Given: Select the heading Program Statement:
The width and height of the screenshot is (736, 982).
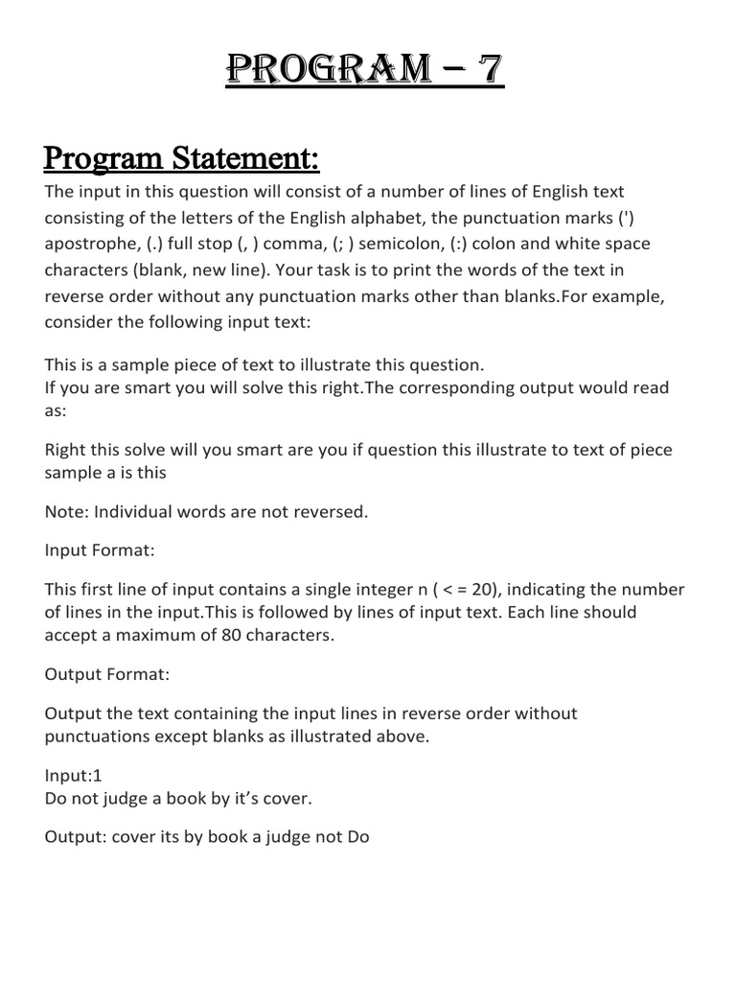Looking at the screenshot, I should click(x=182, y=155).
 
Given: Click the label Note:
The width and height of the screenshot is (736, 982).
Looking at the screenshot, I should click(x=65, y=511).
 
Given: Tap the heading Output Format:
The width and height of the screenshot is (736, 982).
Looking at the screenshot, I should click(x=108, y=674).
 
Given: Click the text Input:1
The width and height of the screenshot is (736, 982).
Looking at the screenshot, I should click(x=73, y=776).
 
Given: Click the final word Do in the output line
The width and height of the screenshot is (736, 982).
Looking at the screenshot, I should click(x=358, y=837).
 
